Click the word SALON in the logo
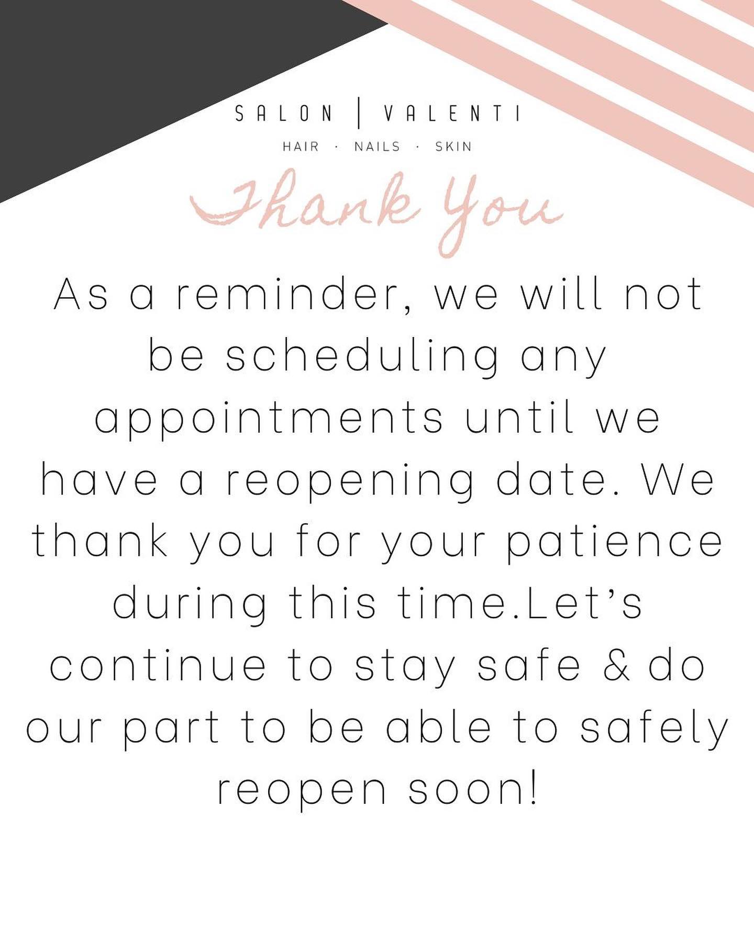tap(284, 114)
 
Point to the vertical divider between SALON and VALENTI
tap(359, 114)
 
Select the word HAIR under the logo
tap(301, 147)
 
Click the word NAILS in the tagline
tap(377, 147)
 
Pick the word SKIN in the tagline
tap(453, 147)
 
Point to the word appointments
tap(269, 419)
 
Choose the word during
tap(189, 603)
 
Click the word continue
tap(158, 666)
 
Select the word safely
tap(655, 728)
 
